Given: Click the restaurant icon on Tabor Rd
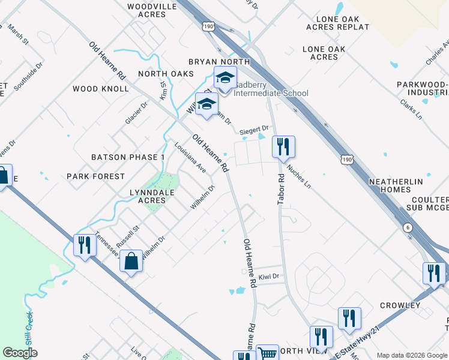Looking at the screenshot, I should pos(283,146).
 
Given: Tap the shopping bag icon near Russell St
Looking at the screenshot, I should pos(131,261).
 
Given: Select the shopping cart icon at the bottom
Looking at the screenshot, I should pos(267,354).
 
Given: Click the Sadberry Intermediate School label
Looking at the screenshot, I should pos(271,89).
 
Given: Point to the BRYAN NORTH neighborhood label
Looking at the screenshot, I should pos(218,62).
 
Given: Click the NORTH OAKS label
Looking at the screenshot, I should pos(166,73).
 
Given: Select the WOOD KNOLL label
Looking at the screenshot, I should pos(101,89).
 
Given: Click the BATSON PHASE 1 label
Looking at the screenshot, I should pos(128,157).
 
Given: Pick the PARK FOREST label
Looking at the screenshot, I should pos(96,176).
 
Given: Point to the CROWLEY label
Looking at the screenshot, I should pos(400,305).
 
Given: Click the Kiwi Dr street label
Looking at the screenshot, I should pos(270,277).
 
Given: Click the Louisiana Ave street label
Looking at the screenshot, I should pos(190,158).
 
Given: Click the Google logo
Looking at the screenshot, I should pos(20,353).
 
